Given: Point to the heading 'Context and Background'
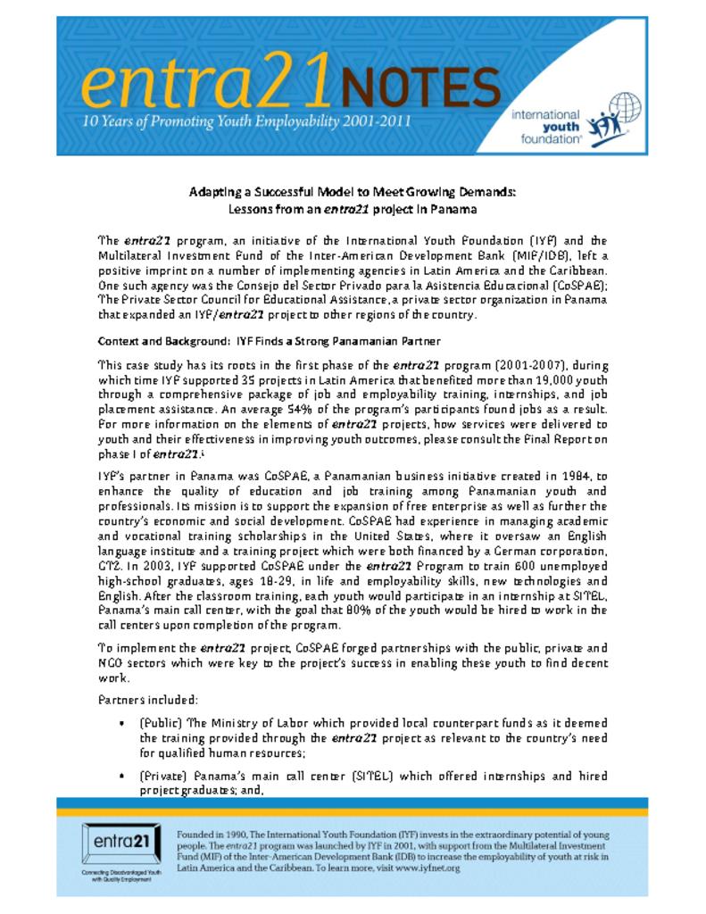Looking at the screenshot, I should coord(163,341).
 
